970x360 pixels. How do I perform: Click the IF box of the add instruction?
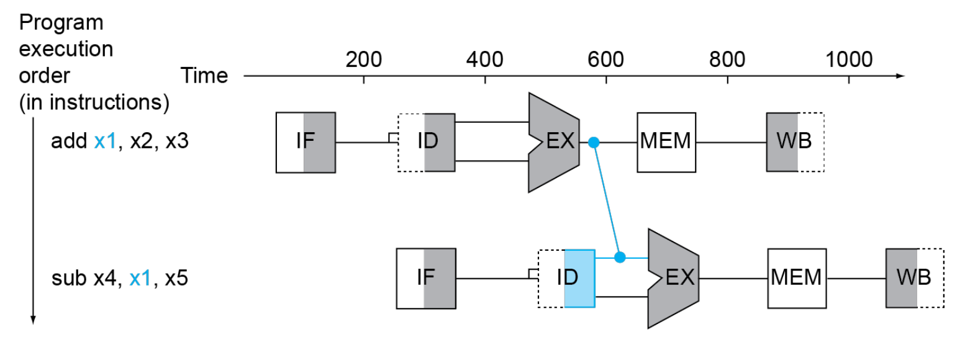pos(306,143)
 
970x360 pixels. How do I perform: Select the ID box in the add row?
pos(427,143)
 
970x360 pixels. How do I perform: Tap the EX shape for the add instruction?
pos(554,142)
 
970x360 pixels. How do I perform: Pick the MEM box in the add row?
pos(666,142)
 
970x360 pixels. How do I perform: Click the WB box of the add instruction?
pos(795,142)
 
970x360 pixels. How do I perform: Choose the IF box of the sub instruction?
pos(426,279)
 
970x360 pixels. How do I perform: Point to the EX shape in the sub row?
pos(673,279)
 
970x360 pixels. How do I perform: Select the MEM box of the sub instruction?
pos(797,279)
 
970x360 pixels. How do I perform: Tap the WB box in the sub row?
pos(915,278)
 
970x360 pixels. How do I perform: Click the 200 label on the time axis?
pos(364,60)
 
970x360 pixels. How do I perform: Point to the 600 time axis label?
pos(606,60)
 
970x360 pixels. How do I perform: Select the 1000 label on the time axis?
pos(849,60)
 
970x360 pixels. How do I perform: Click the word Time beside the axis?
pos(204,75)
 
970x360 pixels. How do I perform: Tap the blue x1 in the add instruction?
pos(105,141)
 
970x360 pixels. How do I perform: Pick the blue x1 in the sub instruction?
pos(140,278)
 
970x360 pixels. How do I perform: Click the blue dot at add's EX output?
pos(594,142)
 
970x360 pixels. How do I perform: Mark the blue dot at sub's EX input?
pos(620,258)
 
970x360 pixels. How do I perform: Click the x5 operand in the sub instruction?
pos(177,278)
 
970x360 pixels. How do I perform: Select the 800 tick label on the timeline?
pos(727,60)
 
